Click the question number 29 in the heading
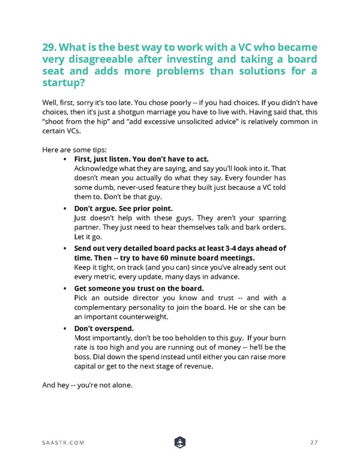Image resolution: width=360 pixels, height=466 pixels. [50, 47]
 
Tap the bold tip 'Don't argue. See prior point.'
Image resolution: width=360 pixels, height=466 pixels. [123, 208]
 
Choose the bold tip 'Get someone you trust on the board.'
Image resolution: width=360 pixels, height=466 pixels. [139, 288]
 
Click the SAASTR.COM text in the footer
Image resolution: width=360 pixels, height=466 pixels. [64, 443]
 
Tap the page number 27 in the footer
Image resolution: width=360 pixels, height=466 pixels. [313, 443]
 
